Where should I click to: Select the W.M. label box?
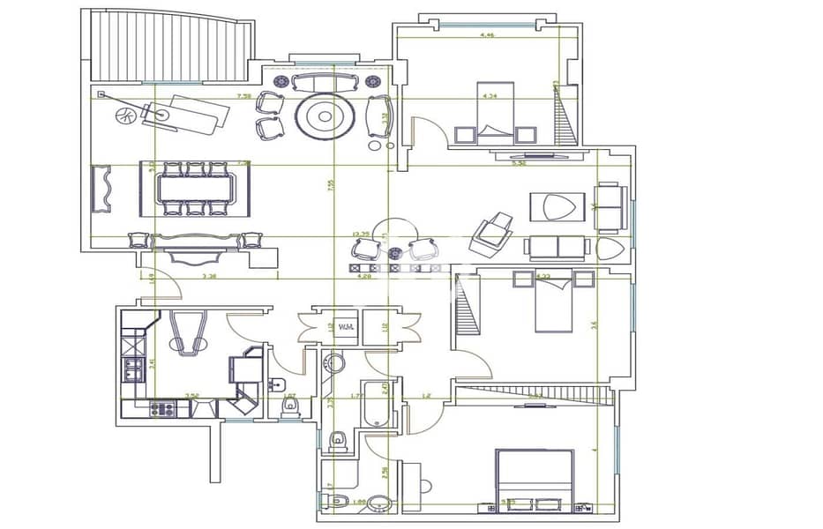point(347,328)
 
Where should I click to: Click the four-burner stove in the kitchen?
point(162,408)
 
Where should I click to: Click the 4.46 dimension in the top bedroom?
point(486,35)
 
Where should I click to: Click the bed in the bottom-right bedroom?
point(535,478)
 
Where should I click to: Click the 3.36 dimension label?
point(209,277)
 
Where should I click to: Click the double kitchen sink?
point(132,369)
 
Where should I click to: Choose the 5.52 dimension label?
point(520,162)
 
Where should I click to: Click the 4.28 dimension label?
point(363,277)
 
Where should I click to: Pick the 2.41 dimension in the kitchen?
point(151,361)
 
